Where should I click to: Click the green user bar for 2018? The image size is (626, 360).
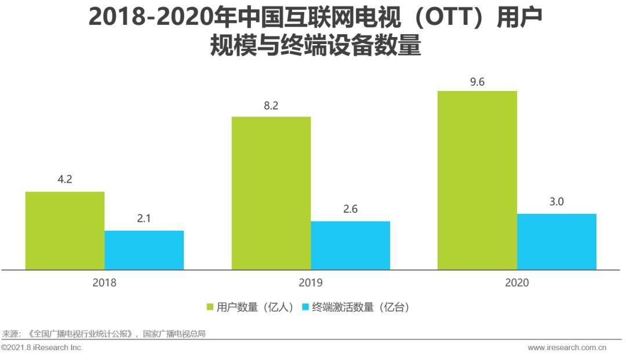(65, 230)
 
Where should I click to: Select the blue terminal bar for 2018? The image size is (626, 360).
(144, 250)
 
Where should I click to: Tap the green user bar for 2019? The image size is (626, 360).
(271, 193)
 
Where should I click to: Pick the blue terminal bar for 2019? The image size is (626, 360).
(350, 245)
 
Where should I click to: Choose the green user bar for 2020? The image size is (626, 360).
(477, 180)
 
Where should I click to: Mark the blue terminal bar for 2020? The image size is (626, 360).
(556, 241)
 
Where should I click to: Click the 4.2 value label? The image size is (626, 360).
(65, 179)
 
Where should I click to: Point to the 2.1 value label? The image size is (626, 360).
(144, 219)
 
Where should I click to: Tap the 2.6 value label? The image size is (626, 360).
(350, 209)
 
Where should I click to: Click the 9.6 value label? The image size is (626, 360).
(477, 81)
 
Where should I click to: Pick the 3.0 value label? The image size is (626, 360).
(556, 202)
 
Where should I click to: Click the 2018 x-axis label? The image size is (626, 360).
(104, 283)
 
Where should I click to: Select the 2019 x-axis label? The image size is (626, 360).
(311, 283)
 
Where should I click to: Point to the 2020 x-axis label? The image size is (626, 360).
(517, 283)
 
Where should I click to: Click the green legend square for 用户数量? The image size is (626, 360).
(211, 307)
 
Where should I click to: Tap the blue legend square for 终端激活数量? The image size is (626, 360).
(305, 307)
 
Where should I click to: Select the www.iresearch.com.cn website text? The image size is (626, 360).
(567, 348)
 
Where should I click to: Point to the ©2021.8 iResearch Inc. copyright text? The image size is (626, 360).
(42, 348)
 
